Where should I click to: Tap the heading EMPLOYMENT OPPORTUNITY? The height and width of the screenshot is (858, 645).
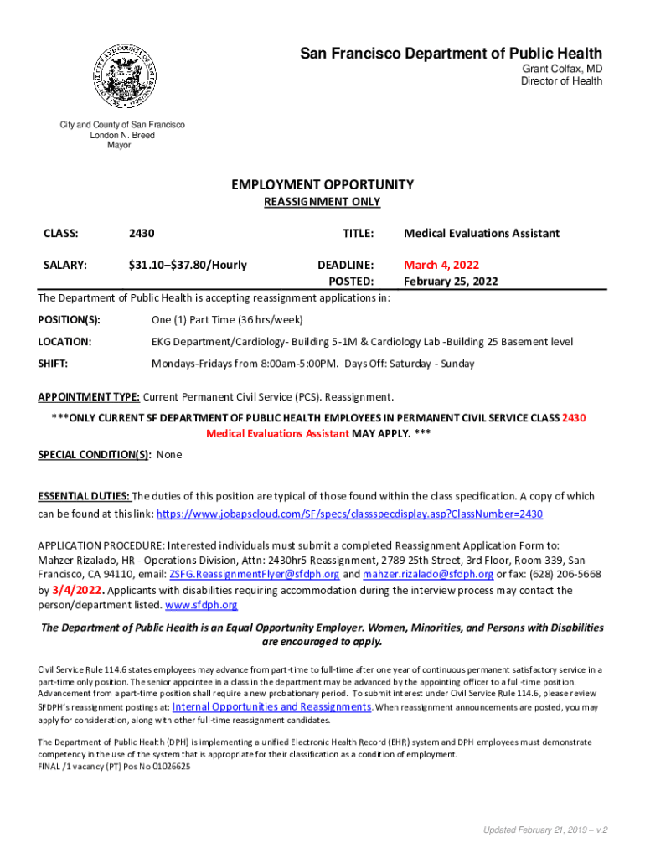coord(322,184)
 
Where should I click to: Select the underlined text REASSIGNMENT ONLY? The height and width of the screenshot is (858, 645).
coord(322,202)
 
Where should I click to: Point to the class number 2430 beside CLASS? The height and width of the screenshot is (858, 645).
coord(141,233)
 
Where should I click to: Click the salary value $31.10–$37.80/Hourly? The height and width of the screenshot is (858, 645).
coord(188,265)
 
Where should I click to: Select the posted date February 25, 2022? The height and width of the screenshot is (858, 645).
coord(451,282)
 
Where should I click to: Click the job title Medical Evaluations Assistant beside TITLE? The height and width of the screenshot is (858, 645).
coord(481,233)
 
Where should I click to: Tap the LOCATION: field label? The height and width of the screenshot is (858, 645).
coord(64,342)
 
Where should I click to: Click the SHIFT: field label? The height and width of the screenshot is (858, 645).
coord(53,364)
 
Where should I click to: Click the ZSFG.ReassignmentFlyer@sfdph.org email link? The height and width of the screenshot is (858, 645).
coord(255,574)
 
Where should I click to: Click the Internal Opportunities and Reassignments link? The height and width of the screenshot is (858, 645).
coord(271,706)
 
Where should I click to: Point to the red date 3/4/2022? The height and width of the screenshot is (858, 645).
coord(79,590)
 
